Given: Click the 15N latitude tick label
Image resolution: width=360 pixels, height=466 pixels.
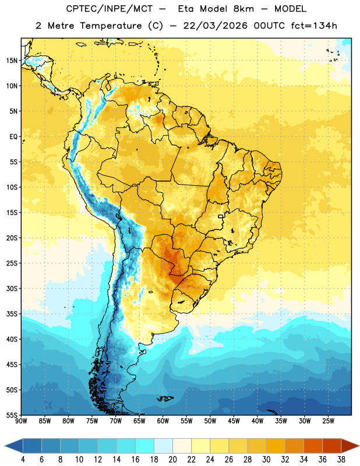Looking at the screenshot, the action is [11, 61].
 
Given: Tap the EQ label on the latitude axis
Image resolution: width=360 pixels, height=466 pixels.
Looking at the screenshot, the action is [13, 137].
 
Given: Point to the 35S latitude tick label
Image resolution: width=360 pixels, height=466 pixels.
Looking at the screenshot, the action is [12, 314].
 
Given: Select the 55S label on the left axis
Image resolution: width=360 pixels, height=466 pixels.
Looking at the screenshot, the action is [12, 415].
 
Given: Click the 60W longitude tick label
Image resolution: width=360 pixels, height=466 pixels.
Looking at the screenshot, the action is [163, 421].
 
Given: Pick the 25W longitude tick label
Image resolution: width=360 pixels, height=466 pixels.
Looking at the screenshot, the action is [328, 421].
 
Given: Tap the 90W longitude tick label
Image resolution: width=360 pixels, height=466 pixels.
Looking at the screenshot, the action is [21, 421].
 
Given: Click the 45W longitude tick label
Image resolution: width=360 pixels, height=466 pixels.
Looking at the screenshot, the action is [234, 421].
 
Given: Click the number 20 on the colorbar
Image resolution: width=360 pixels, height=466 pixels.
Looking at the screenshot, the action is [172, 460].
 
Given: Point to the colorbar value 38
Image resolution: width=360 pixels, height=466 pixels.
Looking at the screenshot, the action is [341, 460].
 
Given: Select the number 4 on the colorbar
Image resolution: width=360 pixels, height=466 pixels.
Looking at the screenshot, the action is [23, 460].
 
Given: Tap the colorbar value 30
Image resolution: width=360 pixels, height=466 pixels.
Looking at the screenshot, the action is [266, 460].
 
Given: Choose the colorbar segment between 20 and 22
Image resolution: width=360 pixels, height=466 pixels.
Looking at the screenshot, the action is [182, 446].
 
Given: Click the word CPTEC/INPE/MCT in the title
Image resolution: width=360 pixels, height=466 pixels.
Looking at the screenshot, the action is [109, 9].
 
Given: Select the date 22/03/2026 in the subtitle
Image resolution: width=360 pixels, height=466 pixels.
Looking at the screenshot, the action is [215, 26].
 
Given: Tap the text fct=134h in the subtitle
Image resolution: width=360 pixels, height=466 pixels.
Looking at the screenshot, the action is [314, 26].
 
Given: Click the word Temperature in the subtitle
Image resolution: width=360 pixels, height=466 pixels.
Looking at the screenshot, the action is [111, 26].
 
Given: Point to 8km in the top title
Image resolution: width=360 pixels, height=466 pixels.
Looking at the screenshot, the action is [243, 9].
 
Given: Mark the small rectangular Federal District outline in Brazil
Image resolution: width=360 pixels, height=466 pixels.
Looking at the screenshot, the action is [221, 216].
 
